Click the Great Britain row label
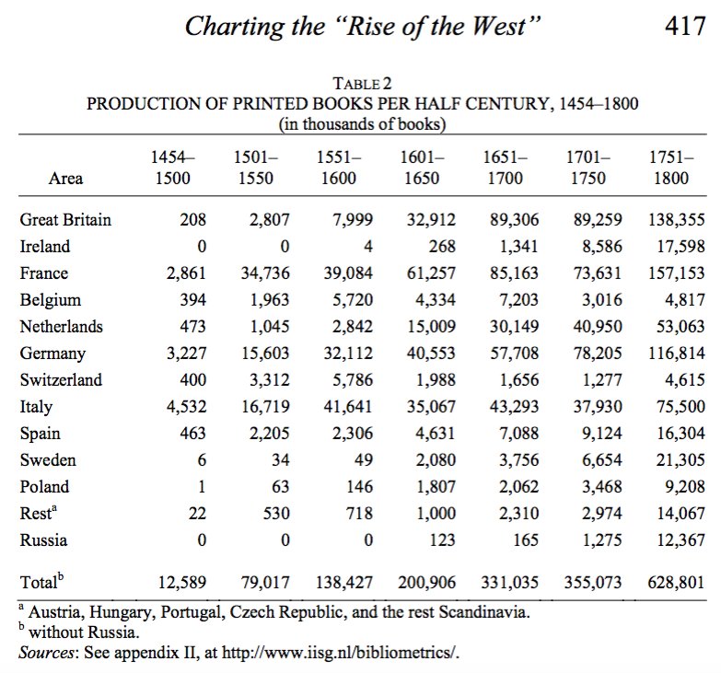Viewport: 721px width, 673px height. click(65, 220)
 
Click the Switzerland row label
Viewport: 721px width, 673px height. click(61, 379)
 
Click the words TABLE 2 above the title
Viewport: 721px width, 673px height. click(361, 85)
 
